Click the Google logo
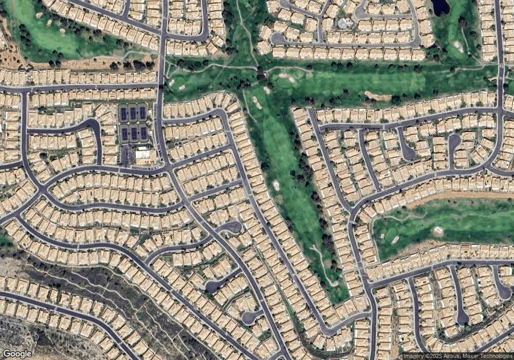[x=17, y=354]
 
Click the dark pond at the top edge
[x=440, y=7]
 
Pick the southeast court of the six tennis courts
[x=143, y=134]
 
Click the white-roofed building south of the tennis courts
[x=143, y=154]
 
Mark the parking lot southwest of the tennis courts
[x=125, y=154]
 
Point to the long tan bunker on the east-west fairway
[x=377, y=96]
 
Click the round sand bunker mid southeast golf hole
[x=437, y=230]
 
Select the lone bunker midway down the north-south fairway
[x=276, y=185]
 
